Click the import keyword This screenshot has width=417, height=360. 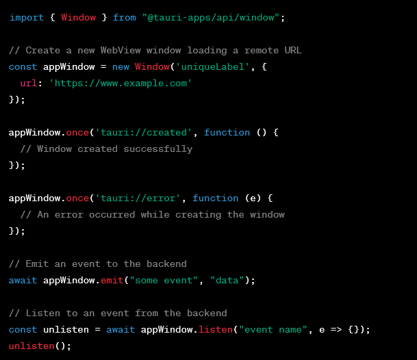(x=25, y=17)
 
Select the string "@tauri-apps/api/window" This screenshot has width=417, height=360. (x=213, y=17)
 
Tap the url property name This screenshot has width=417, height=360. (x=28, y=83)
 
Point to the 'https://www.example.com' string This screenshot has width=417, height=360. (x=121, y=83)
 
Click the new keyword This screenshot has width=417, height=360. (x=120, y=66)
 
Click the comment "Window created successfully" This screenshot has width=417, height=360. (x=106, y=149)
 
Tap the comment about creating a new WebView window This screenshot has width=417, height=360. (x=155, y=50)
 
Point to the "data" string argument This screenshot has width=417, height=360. (x=227, y=280)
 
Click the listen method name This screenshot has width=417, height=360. (x=215, y=329)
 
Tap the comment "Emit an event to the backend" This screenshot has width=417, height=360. (x=97, y=263)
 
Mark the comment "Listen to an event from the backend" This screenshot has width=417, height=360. (x=118, y=313)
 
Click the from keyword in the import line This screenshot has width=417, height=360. (x=124, y=17)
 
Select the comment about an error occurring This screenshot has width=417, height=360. (x=152, y=214)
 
